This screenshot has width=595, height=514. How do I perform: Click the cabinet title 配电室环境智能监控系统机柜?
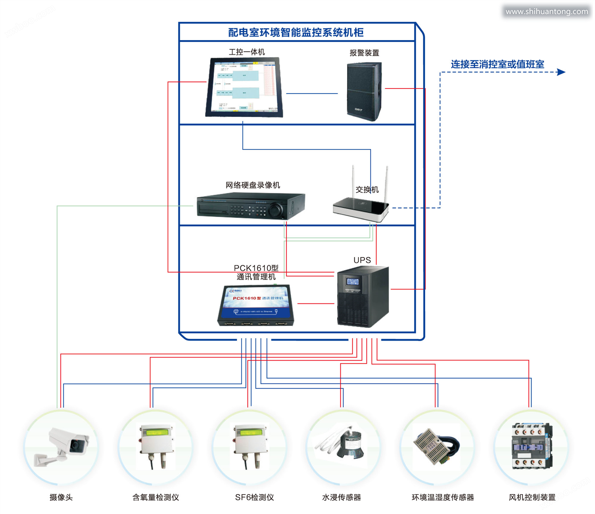(x=296, y=33)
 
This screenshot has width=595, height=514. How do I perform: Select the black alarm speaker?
(x=364, y=91)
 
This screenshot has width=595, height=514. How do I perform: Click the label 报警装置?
(x=364, y=53)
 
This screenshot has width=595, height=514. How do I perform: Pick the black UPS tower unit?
(x=363, y=297)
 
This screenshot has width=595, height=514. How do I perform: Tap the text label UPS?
(x=362, y=260)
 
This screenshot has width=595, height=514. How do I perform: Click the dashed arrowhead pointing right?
(x=561, y=72)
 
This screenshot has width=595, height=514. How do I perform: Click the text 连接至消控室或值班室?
(x=497, y=64)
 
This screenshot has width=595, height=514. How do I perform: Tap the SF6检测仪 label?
(x=254, y=497)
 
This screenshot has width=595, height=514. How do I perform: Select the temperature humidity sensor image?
(x=436, y=446)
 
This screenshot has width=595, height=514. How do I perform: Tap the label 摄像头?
(x=61, y=497)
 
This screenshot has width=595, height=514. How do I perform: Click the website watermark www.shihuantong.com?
(x=547, y=12)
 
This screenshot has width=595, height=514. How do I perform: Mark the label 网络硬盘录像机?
(x=253, y=185)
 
